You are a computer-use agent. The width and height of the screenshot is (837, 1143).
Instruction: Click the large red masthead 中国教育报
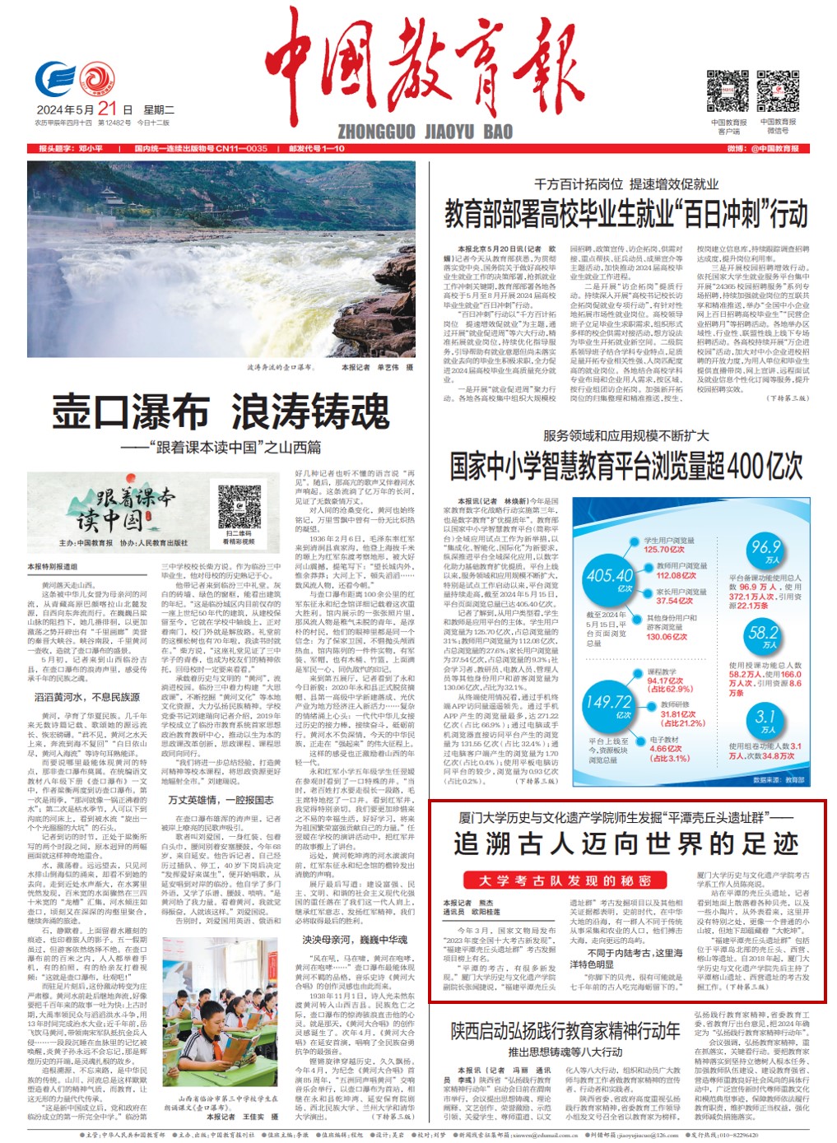click(424, 66)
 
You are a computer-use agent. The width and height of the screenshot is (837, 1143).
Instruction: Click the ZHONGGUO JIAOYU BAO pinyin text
click(425, 132)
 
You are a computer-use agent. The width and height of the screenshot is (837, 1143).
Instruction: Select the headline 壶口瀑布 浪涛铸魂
click(221, 411)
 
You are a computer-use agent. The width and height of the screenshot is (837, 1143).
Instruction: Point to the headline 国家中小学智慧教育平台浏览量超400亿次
click(625, 466)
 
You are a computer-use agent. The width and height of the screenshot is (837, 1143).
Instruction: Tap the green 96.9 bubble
click(765, 550)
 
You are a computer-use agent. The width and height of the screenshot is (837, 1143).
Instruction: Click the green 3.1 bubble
click(765, 720)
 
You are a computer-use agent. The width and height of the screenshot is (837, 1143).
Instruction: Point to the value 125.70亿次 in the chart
click(663, 550)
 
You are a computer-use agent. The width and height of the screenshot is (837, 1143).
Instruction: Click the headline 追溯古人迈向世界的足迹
click(625, 843)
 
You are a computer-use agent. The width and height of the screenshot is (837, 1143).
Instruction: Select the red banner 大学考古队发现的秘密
click(565, 880)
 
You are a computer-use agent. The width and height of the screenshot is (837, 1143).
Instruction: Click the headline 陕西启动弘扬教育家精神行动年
click(565, 1031)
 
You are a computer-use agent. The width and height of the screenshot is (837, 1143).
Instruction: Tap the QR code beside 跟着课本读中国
click(239, 504)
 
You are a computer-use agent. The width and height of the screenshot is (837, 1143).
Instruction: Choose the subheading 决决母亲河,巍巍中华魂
click(354, 940)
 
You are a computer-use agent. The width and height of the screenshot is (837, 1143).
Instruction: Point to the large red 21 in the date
click(108, 109)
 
